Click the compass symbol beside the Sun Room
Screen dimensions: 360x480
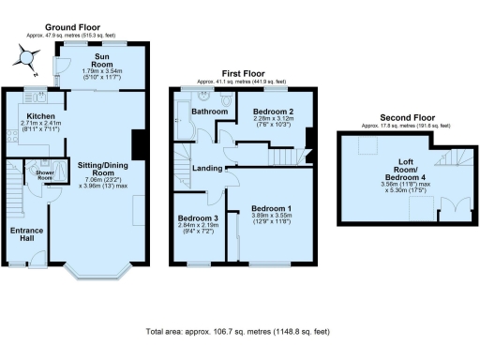22,59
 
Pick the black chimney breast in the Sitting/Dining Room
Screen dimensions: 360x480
139,145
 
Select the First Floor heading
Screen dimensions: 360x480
240,73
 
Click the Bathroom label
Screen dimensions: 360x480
210,112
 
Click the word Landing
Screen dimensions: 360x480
207,169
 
